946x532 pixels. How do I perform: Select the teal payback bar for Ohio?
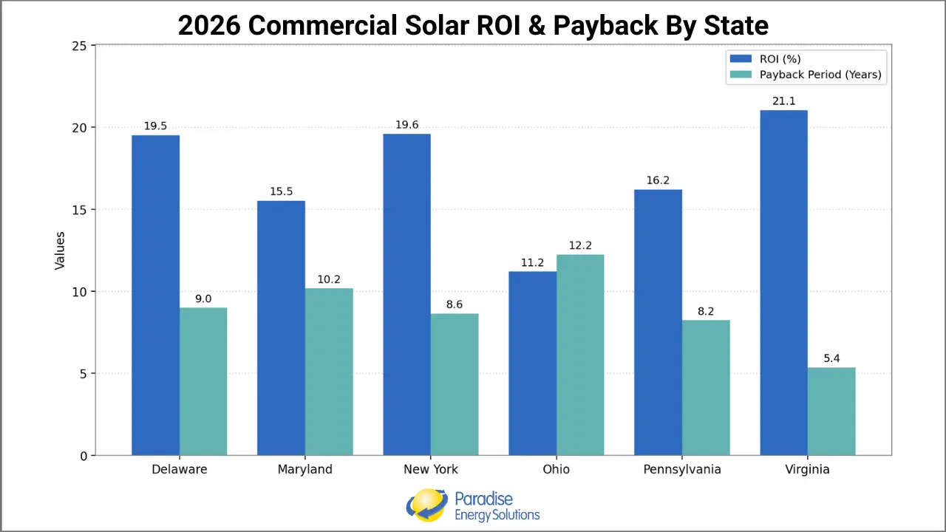(580, 355)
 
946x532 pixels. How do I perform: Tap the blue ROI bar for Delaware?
(155, 296)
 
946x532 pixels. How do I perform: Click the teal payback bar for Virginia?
(831, 411)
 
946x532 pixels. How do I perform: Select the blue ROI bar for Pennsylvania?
(658, 322)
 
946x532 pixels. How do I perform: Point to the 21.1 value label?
(783, 101)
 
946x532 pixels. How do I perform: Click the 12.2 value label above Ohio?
(580, 245)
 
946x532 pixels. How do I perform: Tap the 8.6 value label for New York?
(455, 304)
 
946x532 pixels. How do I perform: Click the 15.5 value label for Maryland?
(281, 191)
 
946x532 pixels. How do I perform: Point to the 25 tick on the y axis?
(79, 46)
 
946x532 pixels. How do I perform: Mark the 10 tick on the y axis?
(79, 292)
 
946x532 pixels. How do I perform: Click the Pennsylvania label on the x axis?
(681, 469)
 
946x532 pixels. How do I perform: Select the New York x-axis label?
(431, 469)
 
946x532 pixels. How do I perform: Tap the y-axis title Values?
(61, 250)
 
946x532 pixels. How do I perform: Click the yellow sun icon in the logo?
(426, 505)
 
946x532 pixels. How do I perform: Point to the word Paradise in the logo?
(483, 499)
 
